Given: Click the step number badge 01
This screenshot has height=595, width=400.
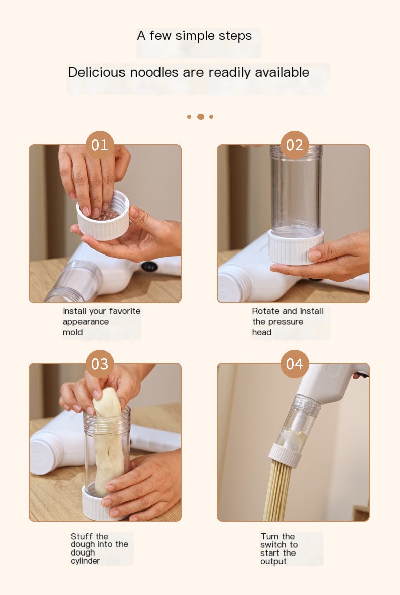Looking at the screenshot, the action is (x=100, y=145).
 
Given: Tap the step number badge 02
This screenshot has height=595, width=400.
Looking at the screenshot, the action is (x=295, y=145).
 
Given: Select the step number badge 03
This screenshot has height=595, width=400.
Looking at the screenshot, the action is (x=100, y=364).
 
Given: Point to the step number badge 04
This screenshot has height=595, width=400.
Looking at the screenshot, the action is (x=295, y=364).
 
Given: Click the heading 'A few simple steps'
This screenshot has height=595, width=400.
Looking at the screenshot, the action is (x=194, y=35).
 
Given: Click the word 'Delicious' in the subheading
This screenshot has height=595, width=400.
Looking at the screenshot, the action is (x=97, y=72).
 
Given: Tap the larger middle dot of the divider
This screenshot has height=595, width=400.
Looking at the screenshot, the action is (x=201, y=117).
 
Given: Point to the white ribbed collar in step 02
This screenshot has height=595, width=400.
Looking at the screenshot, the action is (x=296, y=247).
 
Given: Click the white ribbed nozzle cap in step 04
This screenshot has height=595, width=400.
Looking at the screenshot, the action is (x=285, y=455).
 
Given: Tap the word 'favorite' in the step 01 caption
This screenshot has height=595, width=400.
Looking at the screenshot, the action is (x=125, y=311).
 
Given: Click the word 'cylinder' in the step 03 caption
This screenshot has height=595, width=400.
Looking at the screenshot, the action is (x=85, y=561).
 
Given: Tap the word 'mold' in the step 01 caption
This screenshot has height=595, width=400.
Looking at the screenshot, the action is (x=72, y=332).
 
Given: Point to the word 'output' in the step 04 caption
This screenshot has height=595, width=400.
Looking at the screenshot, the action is (x=273, y=561).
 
